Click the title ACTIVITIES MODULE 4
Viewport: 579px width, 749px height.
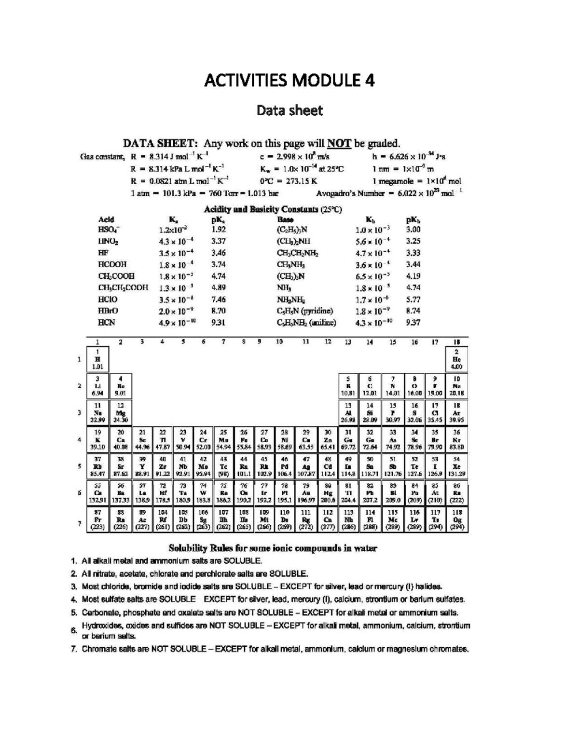click(289, 80)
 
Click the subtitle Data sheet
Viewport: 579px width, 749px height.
click(289, 110)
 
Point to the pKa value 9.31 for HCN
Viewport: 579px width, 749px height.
click(218, 323)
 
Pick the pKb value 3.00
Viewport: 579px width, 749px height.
click(413, 230)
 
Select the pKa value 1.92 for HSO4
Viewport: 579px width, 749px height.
click(218, 230)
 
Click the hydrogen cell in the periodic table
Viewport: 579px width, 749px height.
click(97, 359)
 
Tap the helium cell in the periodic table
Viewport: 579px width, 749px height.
click(457, 359)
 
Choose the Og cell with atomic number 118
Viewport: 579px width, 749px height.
click(457, 520)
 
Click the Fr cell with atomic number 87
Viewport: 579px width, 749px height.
click(97, 520)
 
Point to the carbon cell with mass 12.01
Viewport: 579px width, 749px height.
click(370, 386)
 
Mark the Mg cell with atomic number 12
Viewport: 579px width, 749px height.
click(120, 412)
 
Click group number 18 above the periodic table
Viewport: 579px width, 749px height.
click(457, 342)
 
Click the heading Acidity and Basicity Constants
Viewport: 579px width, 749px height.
click(273, 209)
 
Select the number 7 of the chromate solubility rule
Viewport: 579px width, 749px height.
click(74, 649)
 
